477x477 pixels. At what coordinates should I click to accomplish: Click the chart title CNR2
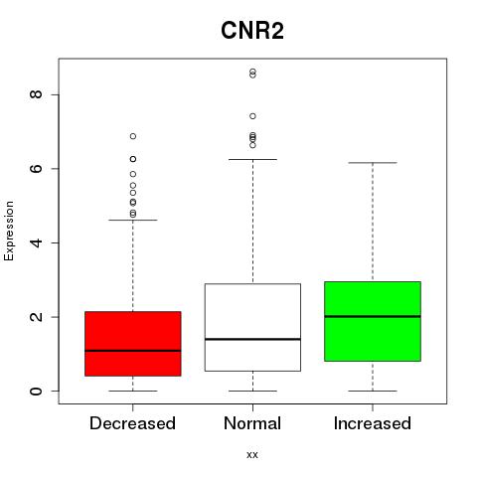click(252, 31)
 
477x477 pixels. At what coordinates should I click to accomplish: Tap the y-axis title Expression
click(9, 231)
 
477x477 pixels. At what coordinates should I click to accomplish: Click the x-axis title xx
click(252, 454)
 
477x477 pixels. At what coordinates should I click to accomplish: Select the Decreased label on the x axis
click(132, 423)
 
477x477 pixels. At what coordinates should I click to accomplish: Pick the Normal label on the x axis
click(252, 423)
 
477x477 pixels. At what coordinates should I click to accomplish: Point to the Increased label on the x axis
click(373, 423)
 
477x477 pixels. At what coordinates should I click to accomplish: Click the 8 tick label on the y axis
click(36, 94)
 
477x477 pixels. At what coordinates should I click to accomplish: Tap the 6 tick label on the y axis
click(36, 168)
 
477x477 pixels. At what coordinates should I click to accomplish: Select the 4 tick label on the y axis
click(36, 242)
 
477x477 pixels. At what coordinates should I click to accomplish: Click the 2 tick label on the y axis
click(36, 317)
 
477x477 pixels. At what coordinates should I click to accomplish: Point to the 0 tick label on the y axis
click(36, 391)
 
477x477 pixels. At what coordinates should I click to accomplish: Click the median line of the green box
click(373, 316)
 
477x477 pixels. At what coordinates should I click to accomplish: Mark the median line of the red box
click(133, 351)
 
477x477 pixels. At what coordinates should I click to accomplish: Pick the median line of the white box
click(252, 339)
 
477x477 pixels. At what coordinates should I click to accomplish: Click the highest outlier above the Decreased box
click(133, 136)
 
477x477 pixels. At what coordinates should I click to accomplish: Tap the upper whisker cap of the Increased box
click(373, 163)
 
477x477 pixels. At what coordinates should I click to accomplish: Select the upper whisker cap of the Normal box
click(252, 159)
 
